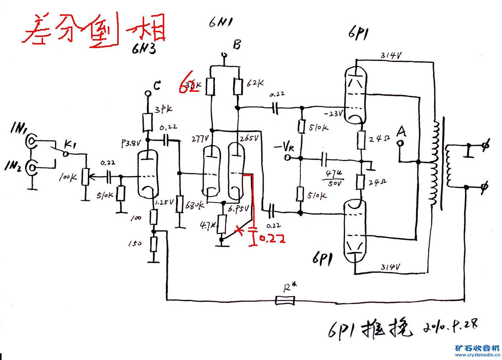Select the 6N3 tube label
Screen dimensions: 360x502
[x=143, y=49]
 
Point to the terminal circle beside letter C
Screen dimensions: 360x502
[x=147, y=94]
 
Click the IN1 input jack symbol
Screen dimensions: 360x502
[x=32, y=142]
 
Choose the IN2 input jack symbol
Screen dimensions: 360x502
[x=32, y=168]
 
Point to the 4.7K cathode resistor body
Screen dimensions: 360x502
[x=222, y=224]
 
